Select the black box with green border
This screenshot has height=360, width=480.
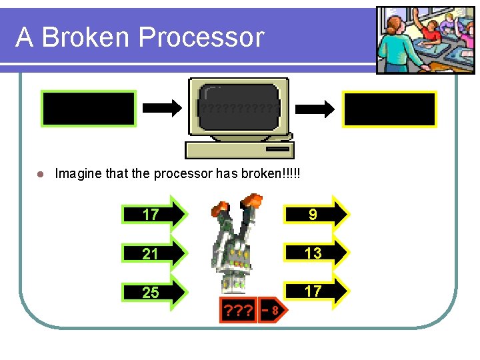pos(89,109)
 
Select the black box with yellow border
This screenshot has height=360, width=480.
pos(389,109)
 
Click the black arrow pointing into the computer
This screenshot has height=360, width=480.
pos(162,108)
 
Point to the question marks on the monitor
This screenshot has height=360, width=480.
pos(238,109)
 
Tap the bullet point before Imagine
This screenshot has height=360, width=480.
pos(40,174)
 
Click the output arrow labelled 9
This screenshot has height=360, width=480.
pos(316,213)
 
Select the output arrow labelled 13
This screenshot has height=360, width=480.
pos(316,252)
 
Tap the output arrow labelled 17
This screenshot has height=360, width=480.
pos(316,291)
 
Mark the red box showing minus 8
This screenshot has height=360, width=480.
pos(271,310)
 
